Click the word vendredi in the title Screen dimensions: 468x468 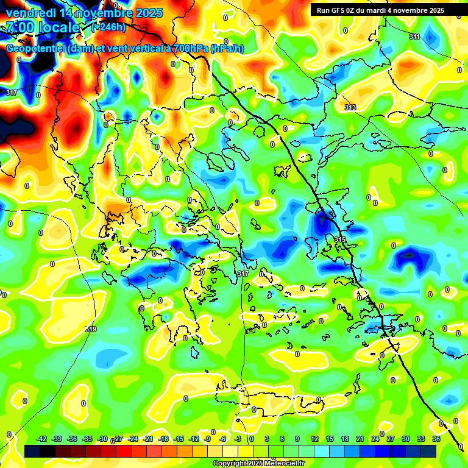[30, 13]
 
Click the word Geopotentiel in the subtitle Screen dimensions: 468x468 [35, 49]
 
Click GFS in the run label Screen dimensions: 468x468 [336, 10]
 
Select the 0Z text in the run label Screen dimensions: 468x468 [352, 10]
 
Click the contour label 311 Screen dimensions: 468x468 [414, 37]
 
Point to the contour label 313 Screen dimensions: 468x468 [350, 107]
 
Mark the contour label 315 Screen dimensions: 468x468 [340, 239]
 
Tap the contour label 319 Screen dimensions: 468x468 [90, 329]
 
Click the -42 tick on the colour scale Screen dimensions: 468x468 [42, 439]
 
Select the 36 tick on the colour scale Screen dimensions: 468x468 [436, 439]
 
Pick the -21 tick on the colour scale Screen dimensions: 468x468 [148, 439]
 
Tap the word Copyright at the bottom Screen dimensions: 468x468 [228, 464]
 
